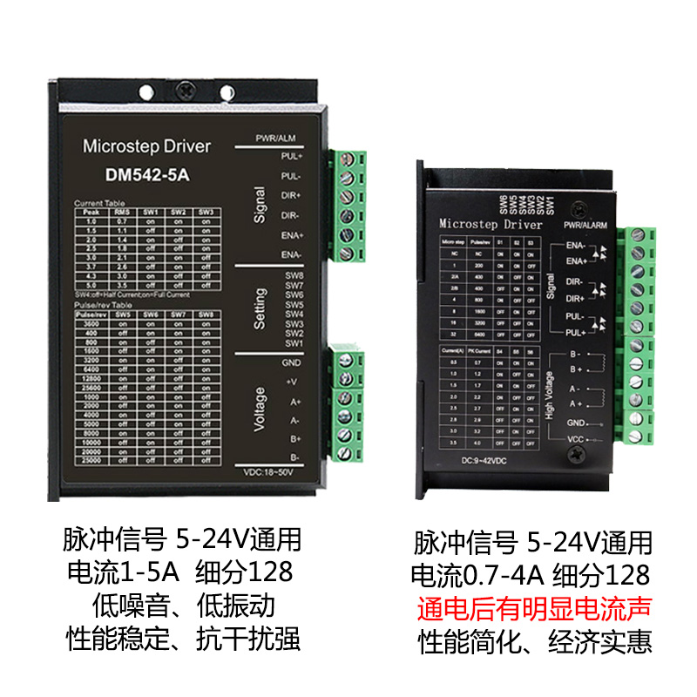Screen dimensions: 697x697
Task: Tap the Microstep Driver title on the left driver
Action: coord(146,146)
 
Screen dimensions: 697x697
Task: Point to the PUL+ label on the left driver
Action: coord(291,157)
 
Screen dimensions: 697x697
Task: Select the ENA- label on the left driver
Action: coord(291,254)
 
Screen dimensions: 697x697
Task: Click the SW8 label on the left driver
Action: coord(294,275)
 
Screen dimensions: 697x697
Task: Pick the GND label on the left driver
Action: coord(291,362)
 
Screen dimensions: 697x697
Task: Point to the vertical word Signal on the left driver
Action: coord(259,205)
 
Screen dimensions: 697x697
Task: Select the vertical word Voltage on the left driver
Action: coord(259,409)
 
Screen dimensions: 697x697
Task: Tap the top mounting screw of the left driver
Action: coord(185,88)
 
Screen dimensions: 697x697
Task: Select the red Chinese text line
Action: coord(531,608)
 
